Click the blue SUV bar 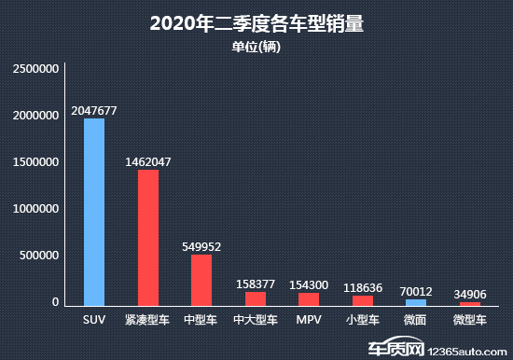click(94, 212)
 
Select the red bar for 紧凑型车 click(148, 238)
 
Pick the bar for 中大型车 click(256, 298)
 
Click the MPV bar click(309, 298)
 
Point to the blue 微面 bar click(416, 302)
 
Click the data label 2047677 click(94, 110)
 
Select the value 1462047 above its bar click(148, 161)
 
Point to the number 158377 click(256, 283)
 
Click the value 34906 click(470, 294)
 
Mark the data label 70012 click(416, 291)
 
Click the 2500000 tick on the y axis click(36, 69)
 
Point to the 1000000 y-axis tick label click(36, 209)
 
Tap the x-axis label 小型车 click(363, 320)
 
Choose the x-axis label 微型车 click(470, 320)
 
